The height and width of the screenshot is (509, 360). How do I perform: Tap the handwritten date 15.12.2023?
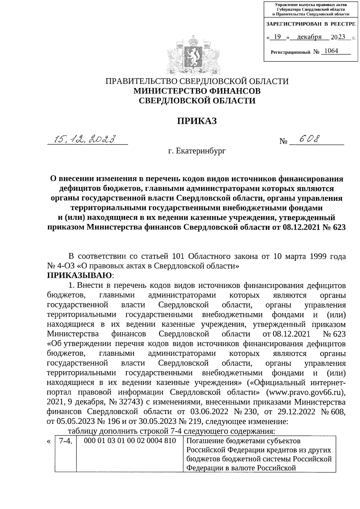pyautogui.click(x=85, y=139)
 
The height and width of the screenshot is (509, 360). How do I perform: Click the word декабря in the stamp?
pyautogui.click(x=309, y=37)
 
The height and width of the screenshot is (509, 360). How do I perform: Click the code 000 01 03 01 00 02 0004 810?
pyautogui.click(x=130, y=441)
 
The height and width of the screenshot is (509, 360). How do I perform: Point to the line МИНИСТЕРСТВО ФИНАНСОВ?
pyautogui.click(x=197, y=91)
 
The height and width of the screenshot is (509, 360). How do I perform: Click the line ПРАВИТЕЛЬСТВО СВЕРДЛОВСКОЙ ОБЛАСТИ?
pyautogui.click(x=197, y=81)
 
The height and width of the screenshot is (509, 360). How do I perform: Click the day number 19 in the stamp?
pyautogui.click(x=277, y=37)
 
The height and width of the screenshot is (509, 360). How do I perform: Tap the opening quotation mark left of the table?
pyautogui.click(x=49, y=442)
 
